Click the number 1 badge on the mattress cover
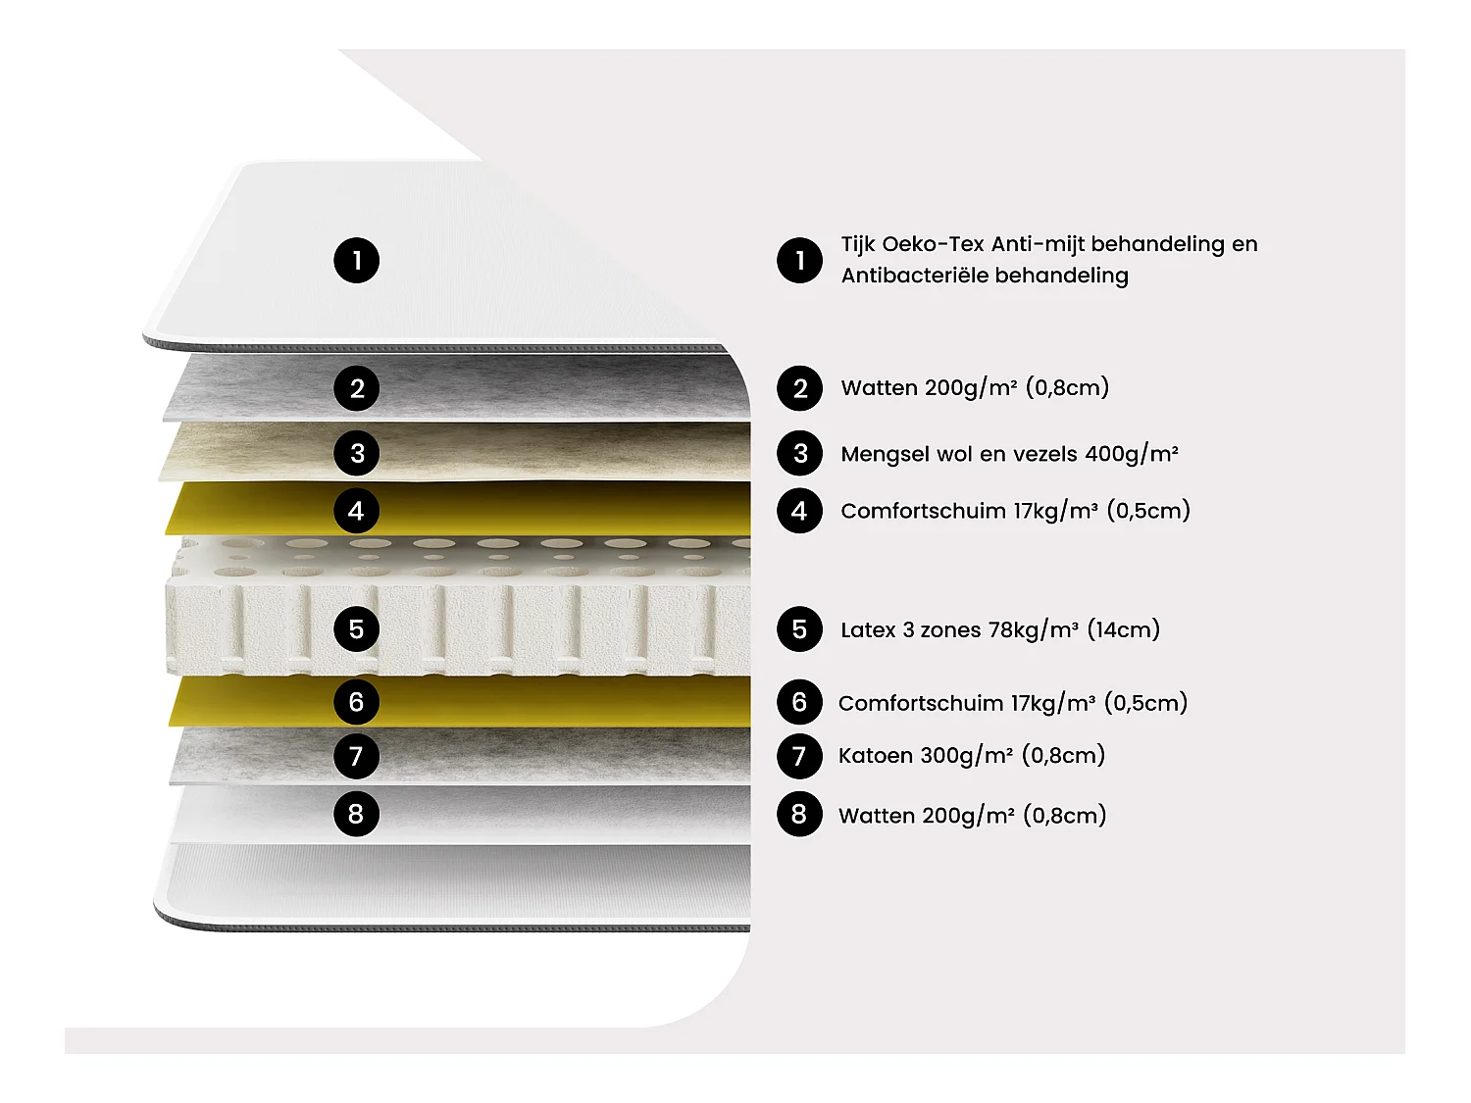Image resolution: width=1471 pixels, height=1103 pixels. [357, 260]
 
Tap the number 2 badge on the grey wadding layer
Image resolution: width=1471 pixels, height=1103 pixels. [357, 387]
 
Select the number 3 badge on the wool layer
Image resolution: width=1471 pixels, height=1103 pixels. [357, 453]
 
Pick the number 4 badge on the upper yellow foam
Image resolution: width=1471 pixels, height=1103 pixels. [357, 510]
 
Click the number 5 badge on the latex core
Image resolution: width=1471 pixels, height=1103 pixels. [357, 628]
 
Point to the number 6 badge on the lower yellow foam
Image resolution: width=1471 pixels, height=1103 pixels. [357, 702]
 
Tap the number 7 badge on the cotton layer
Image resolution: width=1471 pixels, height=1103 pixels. [357, 756]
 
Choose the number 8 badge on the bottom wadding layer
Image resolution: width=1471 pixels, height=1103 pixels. [357, 814]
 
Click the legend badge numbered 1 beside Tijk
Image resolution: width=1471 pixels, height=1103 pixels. [799, 260]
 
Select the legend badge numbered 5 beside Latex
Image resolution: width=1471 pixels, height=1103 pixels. [799, 628]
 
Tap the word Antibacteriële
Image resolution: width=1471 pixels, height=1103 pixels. [914, 276]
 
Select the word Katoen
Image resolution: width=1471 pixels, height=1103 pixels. [876, 755]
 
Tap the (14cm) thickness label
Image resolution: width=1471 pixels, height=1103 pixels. [1123, 629]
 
